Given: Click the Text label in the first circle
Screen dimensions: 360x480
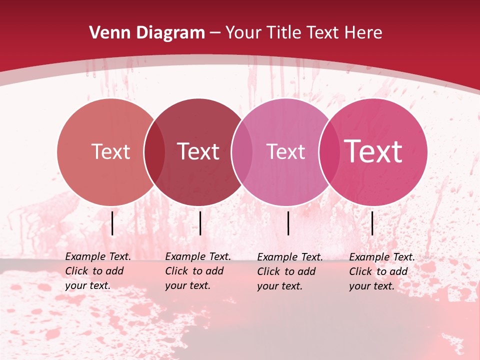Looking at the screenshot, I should [110, 151].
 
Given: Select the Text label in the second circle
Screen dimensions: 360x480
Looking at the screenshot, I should [198, 151].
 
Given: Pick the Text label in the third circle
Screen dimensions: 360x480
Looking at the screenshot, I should [285, 151].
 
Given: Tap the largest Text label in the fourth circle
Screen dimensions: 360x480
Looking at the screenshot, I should [373, 151].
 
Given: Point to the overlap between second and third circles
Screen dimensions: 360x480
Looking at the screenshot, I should [242, 152].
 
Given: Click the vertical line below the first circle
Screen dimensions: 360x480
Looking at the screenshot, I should [112, 223].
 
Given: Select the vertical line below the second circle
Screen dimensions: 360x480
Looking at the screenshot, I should [200, 223].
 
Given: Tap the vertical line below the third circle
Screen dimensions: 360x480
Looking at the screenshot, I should [288, 223].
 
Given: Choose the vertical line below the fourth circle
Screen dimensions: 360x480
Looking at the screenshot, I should [372, 223].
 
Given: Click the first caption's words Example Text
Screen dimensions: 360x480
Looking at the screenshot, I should [98, 256].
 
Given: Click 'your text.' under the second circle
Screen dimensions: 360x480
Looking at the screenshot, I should [187, 285].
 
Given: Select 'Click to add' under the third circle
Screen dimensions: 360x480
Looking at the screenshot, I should [286, 271].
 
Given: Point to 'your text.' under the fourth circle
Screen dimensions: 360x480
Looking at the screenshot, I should [371, 286].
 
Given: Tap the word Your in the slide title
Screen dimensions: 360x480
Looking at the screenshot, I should [243, 33].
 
